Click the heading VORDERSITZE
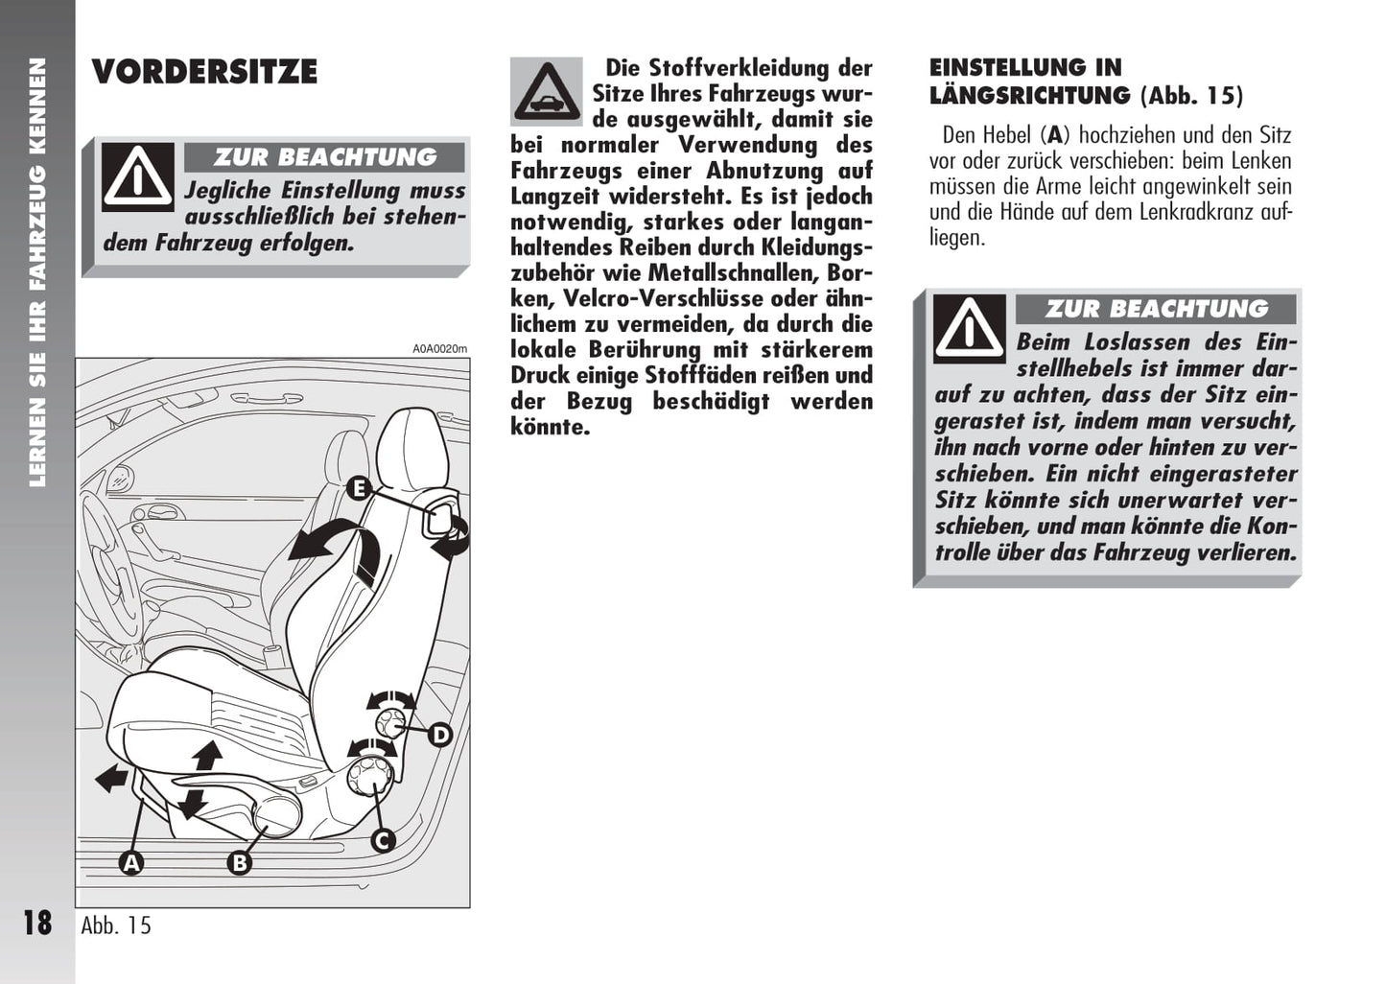(204, 72)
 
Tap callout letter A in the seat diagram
(131, 862)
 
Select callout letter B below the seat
(239, 862)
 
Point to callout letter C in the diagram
(383, 841)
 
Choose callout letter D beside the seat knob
(439, 735)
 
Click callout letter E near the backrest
(358, 488)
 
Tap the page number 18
(37, 923)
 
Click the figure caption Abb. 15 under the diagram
(116, 925)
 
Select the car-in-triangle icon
(547, 92)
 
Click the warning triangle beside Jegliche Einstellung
(138, 176)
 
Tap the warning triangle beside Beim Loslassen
(970, 328)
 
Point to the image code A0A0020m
(440, 349)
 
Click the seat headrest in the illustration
(412, 446)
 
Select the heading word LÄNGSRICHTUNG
(1029, 96)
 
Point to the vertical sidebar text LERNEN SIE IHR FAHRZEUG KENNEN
(37, 272)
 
